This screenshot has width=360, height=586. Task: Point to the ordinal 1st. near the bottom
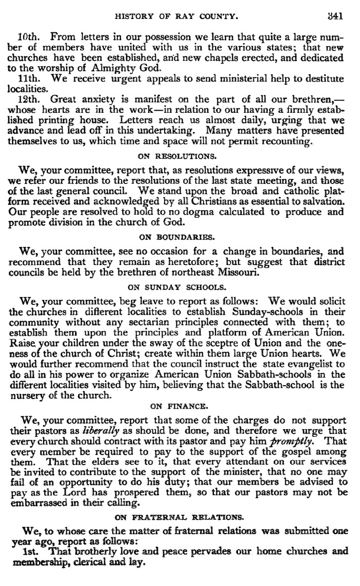tap(24, 552)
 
